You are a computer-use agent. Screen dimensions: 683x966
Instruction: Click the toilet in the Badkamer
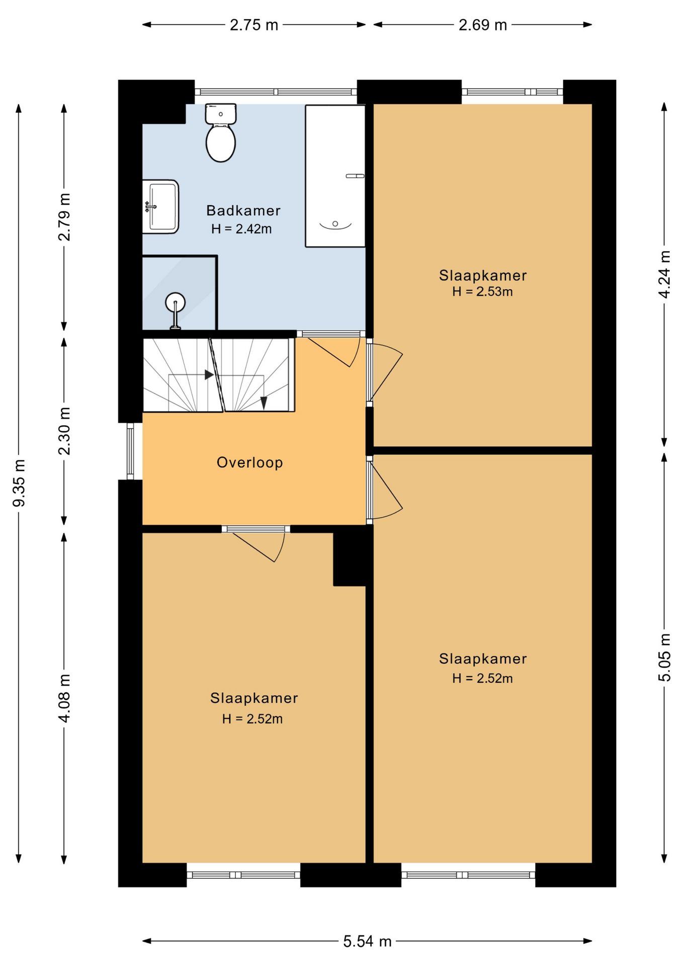pyautogui.click(x=221, y=133)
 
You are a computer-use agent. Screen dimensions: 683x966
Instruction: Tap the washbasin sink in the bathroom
pyautogui.click(x=160, y=207)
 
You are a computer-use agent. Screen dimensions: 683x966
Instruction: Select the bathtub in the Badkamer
pyautogui.click(x=335, y=176)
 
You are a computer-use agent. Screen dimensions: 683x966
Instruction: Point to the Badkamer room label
pyautogui.click(x=243, y=210)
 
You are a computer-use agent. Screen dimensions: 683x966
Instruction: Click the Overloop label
pyautogui.click(x=249, y=462)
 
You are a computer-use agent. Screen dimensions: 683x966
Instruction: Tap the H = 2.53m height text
pyautogui.click(x=482, y=291)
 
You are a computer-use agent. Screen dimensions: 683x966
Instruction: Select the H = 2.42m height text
pyautogui.click(x=241, y=229)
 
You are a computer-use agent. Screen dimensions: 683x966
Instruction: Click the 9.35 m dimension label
pyautogui.click(x=19, y=483)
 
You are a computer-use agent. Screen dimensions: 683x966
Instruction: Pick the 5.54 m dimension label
pyautogui.click(x=367, y=941)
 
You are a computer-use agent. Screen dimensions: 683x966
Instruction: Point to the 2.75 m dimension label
pyautogui.click(x=254, y=25)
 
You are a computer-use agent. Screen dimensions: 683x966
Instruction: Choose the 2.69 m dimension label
pyautogui.click(x=483, y=25)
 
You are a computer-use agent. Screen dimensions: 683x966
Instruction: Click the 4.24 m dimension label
pyautogui.click(x=664, y=274)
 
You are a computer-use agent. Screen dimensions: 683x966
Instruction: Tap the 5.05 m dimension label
pyautogui.click(x=664, y=658)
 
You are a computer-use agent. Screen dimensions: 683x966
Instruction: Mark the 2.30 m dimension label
pyautogui.click(x=64, y=431)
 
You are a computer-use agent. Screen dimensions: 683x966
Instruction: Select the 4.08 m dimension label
pyautogui.click(x=64, y=698)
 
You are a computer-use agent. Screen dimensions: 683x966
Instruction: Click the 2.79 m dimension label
pyautogui.click(x=64, y=217)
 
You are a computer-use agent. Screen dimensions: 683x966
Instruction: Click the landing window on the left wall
pyautogui.click(x=130, y=451)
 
